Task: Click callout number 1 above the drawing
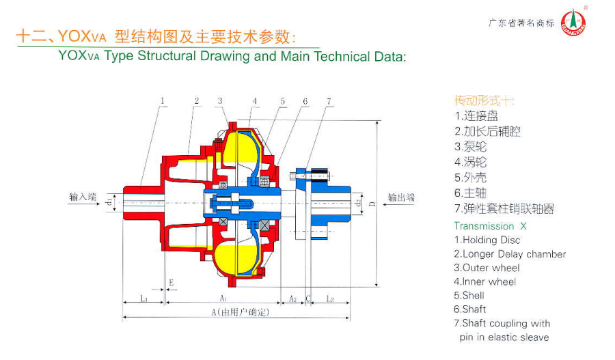click(x=163, y=101)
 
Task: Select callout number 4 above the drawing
click(x=254, y=101)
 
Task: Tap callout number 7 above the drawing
click(x=329, y=101)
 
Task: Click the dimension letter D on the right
click(x=372, y=204)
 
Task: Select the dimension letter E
click(x=172, y=282)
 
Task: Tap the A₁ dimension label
click(x=223, y=299)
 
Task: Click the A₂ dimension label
click(x=292, y=299)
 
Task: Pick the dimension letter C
click(x=308, y=299)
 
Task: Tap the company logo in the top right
click(x=573, y=23)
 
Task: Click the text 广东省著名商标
click(x=521, y=23)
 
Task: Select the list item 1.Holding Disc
click(x=487, y=240)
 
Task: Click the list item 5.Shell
click(x=469, y=295)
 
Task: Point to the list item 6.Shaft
click(x=470, y=309)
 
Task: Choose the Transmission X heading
click(x=491, y=225)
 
